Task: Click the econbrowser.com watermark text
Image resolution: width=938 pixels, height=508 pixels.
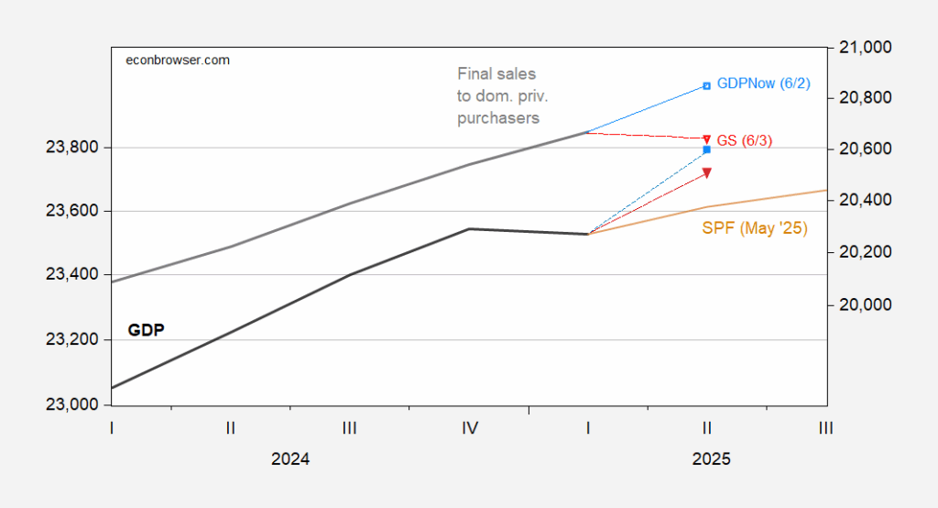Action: [177, 60]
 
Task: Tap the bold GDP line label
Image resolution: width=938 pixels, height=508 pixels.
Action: [147, 330]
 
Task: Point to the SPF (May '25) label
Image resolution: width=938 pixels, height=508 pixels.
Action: [754, 227]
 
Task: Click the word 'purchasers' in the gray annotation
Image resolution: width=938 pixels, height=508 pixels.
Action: [498, 117]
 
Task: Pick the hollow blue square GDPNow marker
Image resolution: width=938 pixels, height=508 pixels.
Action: [706, 86]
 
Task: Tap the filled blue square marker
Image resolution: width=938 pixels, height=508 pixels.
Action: [706, 149]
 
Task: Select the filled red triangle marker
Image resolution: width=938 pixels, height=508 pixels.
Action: [706, 172]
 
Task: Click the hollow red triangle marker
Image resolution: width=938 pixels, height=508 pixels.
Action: [706, 138]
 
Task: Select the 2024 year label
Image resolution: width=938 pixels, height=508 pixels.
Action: [290, 459]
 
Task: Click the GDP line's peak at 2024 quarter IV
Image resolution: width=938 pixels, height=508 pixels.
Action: [469, 228]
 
